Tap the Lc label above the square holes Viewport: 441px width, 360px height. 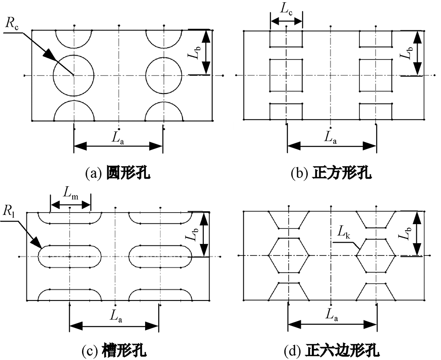coord(286,10)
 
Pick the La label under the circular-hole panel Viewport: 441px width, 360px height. coord(118,137)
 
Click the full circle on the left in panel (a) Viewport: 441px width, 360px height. coord(74,75)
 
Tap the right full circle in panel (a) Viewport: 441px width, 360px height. coord(164,75)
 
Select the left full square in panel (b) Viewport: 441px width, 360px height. coord(286,75)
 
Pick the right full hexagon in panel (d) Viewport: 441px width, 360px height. coord(376,255)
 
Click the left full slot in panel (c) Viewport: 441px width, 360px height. coord(70,256)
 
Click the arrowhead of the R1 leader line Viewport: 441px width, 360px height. coord(37,243)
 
